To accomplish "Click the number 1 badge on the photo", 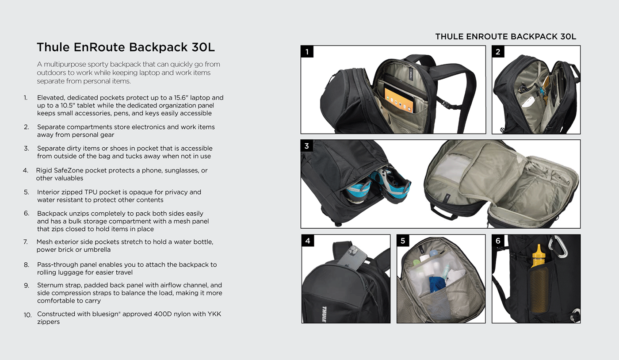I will [307, 52].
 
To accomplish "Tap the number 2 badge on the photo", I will [498, 52].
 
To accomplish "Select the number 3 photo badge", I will [307, 146].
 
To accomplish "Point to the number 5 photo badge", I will [403, 241].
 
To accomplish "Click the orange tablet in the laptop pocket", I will [399, 100].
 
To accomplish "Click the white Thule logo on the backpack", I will [324, 314].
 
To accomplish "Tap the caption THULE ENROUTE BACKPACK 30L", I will [505, 37].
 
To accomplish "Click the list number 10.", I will [28, 315].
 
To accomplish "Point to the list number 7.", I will [26, 242].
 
